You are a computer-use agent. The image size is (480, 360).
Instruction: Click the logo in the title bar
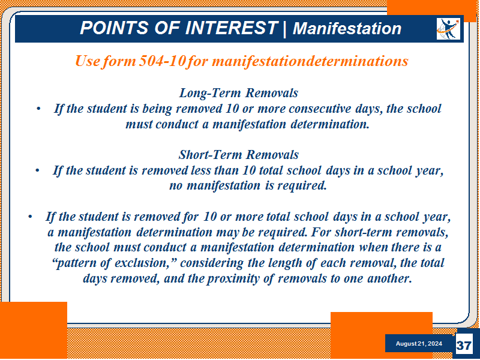click(x=448, y=29)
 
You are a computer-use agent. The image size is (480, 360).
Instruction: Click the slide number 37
click(x=463, y=346)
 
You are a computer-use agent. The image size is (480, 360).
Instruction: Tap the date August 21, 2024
click(x=419, y=343)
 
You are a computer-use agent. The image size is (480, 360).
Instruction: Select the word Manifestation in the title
click(x=347, y=28)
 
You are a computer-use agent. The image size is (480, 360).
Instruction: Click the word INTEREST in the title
click(x=232, y=28)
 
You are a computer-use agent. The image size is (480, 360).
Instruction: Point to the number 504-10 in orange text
click(x=162, y=61)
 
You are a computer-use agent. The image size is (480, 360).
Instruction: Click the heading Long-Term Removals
click(x=238, y=93)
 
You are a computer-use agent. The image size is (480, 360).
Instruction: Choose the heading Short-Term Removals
click(x=238, y=155)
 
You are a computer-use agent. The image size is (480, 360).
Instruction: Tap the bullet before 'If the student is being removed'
click(x=38, y=109)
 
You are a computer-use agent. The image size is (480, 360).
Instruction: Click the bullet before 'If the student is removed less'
click(x=37, y=170)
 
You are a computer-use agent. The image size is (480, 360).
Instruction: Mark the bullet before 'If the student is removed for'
click(x=30, y=217)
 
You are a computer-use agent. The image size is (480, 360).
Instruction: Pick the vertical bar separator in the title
click(x=285, y=28)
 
